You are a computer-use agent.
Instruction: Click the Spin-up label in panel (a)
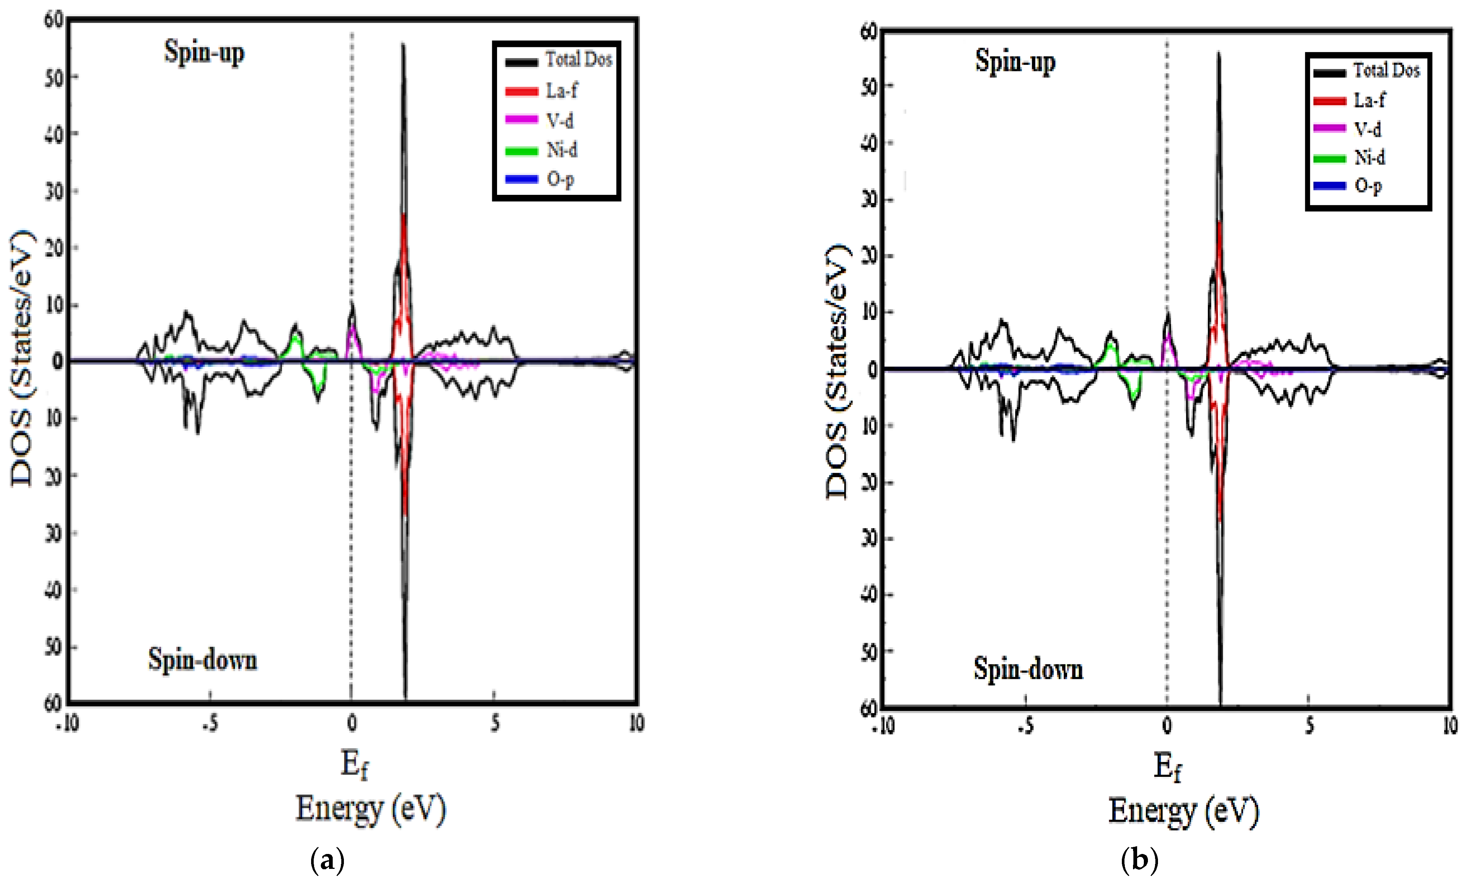tap(204, 52)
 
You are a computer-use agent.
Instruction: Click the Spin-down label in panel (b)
tap(1028, 669)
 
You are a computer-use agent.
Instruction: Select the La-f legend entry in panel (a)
tap(561, 91)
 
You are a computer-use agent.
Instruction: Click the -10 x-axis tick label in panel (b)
tap(883, 725)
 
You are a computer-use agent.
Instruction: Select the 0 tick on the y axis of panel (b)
tap(872, 369)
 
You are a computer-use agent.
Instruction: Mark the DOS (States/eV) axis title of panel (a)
tap(23, 358)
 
